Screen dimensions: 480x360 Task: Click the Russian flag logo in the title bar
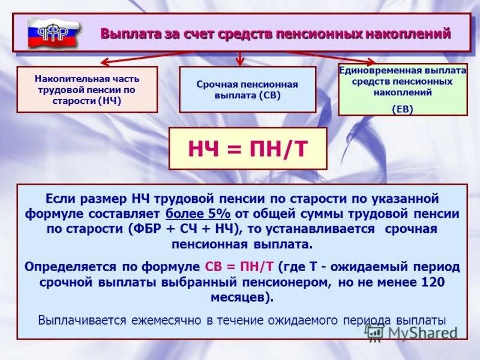(53, 32)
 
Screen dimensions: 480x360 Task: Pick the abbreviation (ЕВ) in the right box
(403, 109)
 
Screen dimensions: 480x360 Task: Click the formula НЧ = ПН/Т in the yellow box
(247, 148)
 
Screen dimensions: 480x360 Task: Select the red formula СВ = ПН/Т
(240, 266)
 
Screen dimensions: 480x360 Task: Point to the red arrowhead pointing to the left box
(103, 62)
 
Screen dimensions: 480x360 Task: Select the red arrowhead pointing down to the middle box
(241, 61)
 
